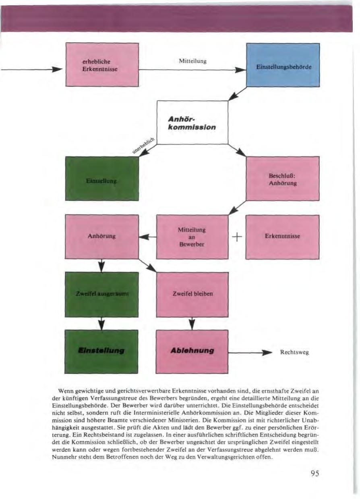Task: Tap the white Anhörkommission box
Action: click(192, 122)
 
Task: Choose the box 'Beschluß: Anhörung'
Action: click(282, 179)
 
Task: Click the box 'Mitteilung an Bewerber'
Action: click(192, 237)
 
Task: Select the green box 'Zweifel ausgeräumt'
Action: click(102, 294)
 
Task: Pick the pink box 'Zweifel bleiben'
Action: click(192, 294)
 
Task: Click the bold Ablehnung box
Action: click(192, 351)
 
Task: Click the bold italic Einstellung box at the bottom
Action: click(102, 351)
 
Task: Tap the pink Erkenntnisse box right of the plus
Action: click(282, 237)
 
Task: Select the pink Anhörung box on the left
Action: click(102, 237)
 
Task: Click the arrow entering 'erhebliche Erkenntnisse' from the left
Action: click(32, 70)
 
